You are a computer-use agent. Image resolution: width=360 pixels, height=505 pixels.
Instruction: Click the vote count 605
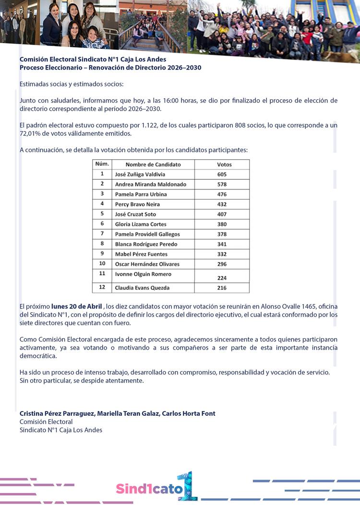pyautogui.click(x=221, y=175)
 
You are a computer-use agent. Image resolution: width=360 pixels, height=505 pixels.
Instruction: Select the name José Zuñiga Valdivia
pyautogui.click(x=140, y=175)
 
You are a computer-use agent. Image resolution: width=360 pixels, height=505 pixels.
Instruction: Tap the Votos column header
pyautogui.click(x=224, y=164)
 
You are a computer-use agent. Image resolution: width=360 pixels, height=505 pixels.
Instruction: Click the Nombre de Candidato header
pyautogui.click(x=153, y=164)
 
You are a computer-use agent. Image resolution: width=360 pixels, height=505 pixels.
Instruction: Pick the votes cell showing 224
pyautogui.click(x=221, y=278)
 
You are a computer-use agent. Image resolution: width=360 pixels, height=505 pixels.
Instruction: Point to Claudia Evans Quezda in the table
pyautogui.click(x=142, y=288)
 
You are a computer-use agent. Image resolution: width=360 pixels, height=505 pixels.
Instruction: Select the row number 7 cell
pyautogui.click(x=102, y=234)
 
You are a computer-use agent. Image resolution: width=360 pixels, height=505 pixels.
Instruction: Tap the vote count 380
pyautogui.click(x=221, y=224)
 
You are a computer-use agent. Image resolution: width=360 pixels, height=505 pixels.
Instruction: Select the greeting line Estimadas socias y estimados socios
pyautogui.click(x=72, y=84)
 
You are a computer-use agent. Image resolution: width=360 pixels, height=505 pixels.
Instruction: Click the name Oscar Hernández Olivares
pyautogui.click(x=147, y=264)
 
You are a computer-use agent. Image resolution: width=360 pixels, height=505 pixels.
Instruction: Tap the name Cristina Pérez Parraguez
pyautogui.click(x=54, y=413)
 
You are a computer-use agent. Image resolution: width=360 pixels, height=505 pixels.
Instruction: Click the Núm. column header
pyautogui.click(x=102, y=164)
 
